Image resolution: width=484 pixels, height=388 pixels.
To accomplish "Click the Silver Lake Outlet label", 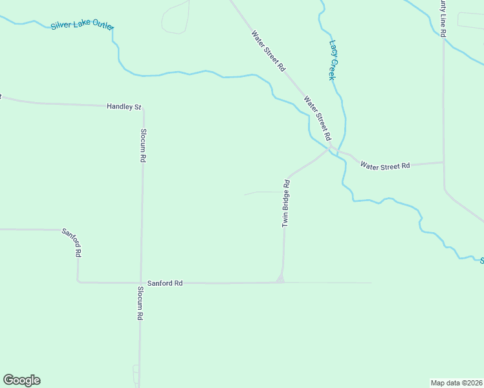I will (x=82, y=25).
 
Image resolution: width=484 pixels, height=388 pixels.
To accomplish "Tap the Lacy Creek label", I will (x=333, y=60).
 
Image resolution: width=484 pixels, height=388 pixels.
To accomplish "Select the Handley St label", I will (x=124, y=106).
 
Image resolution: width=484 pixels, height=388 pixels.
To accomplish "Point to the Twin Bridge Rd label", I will (x=285, y=202).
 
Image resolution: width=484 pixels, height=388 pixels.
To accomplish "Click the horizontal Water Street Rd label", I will (x=385, y=166).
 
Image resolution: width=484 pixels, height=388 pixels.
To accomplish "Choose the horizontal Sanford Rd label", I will (x=165, y=283).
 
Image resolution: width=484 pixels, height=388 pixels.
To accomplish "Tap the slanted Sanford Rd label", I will (x=71, y=242).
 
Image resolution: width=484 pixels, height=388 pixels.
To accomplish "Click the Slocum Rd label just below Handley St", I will (x=143, y=145).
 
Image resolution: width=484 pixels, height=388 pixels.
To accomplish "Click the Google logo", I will (x=21, y=380).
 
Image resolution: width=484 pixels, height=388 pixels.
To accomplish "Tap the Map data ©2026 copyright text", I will (x=456, y=382).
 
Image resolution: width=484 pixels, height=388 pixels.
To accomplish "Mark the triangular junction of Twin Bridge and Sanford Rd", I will (x=280, y=279).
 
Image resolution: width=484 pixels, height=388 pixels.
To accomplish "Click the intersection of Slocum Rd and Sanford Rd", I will (x=140, y=283).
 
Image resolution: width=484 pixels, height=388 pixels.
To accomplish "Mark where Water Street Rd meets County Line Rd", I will (x=443, y=162).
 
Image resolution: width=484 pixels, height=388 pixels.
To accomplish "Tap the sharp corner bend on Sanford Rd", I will (x=78, y=281).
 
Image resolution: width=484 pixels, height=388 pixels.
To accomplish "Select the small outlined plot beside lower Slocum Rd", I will (x=136, y=373).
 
